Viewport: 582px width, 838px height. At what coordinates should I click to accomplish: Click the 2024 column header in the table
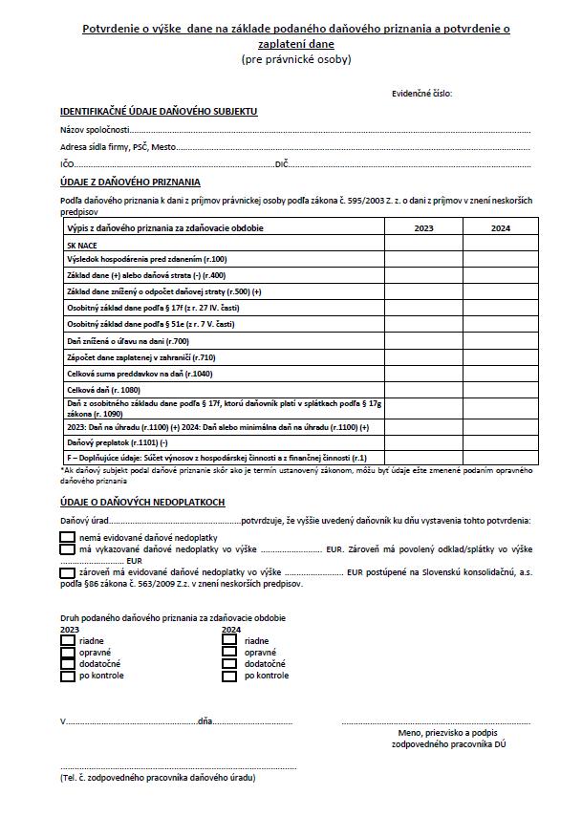click(x=500, y=228)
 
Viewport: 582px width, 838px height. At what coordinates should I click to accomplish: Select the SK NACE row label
click(x=82, y=245)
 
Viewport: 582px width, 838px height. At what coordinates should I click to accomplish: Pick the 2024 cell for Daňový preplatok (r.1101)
click(x=500, y=443)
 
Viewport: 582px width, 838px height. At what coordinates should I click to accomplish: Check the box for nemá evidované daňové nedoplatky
click(x=67, y=538)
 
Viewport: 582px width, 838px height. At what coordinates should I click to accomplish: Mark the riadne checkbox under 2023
click(x=68, y=640)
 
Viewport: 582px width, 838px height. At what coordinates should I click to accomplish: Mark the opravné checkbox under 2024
click(x=229, y=652)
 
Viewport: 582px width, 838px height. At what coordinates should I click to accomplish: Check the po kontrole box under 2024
click(x=229, y=676)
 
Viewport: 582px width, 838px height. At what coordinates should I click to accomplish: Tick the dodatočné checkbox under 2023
click(x=68, y=663)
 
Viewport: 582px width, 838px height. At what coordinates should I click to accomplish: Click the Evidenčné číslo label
click(x=421, y=93)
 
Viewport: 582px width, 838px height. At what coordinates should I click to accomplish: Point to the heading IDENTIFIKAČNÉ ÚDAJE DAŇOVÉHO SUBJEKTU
click(x=159, y=112)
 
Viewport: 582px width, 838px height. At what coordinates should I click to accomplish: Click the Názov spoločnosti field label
click(x=94, y=130)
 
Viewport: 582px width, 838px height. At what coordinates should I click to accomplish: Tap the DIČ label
click(x=282, y=164)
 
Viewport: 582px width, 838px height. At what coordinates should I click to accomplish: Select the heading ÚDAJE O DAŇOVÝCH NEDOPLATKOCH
click(x=143, y=503)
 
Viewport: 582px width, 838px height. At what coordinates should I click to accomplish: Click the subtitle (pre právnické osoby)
click(x=296, y=59)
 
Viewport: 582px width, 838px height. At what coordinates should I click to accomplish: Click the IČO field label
click(x=67, y=164)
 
